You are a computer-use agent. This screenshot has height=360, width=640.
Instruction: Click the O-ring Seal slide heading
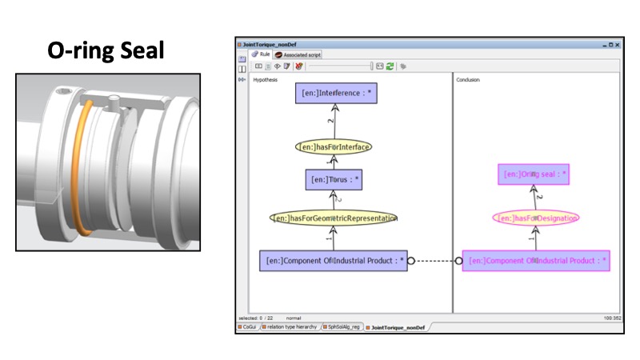106,51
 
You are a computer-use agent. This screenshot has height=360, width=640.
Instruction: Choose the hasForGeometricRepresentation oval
334,218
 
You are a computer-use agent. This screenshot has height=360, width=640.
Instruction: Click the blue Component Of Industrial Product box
334,260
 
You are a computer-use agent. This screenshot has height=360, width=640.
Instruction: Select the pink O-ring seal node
534,174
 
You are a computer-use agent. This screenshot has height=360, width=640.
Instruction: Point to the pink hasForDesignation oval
534,218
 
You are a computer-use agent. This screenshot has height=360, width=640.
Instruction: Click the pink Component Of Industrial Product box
536,260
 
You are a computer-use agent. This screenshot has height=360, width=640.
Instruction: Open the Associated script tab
300,54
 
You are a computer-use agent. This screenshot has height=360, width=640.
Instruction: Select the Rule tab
260,54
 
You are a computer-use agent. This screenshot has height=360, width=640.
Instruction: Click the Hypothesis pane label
266,80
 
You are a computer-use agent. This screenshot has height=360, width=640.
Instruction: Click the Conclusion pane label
469,80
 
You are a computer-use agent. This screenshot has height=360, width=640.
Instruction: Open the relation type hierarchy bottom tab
292,327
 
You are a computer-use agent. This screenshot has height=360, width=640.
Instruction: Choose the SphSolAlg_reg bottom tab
344,327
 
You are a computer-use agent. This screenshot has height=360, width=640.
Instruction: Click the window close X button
617,45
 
